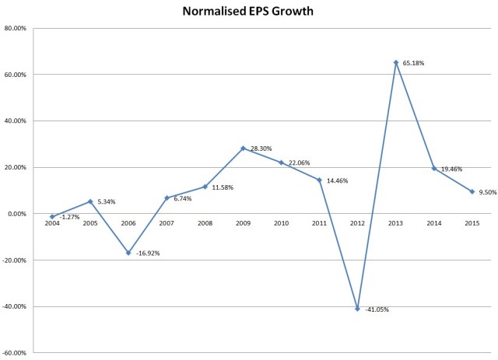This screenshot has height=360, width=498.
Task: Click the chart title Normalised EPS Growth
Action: click(x=249, y=12)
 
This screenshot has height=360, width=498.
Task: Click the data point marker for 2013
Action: click(x=395, y=62)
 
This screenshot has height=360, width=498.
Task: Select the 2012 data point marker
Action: click(x=357, y=309)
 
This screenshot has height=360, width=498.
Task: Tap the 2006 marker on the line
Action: click(x=128, y=253)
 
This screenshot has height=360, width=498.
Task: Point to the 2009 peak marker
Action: click(x=243, y=148)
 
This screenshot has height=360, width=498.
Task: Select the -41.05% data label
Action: click(x=377, y=309)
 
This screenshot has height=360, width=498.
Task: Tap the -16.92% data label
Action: click(x=148, y=253)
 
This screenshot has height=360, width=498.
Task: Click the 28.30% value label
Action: click(x=261, y=148)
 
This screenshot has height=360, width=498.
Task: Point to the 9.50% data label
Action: click(x=489, y=191)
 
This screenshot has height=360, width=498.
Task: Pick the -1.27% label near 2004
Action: click(x=70, y=218)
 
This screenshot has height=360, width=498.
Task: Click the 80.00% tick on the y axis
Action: click(x=16, y=29)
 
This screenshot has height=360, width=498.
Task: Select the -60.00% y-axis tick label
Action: click(x=15, y=353)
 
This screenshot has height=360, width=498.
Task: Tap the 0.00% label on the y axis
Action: click(x=17, y=214)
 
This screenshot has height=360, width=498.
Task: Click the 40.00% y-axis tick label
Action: click(x=16, y=121)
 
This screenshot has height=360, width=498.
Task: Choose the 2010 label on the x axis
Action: click(x=281, y=223)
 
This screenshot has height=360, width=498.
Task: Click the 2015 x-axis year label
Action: click(x=472, y=223)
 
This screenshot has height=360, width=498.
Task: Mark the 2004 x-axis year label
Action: click(x=52, y=223)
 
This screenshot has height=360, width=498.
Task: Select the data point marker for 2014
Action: click(x=433, y=168)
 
